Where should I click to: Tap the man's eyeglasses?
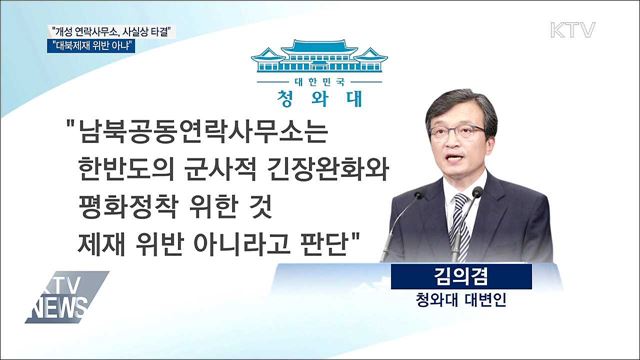pyautogui.click(x=456, y=131)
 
